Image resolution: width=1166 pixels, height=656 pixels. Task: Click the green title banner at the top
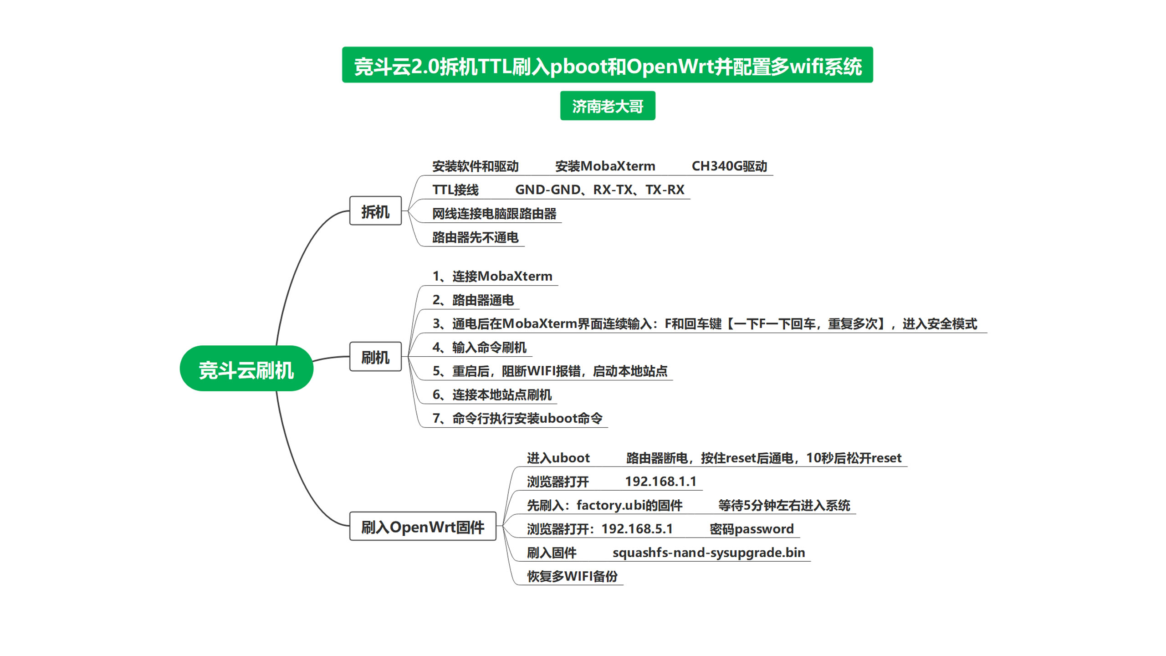pyautogui.click(x=607, y=65)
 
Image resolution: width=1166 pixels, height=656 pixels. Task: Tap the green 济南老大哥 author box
pyautogui.click(x=608, y=106)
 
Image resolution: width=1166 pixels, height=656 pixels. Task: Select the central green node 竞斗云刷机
pyautogui.click(x=246, y=369)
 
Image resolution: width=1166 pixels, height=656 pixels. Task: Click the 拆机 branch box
pyautogui.click(x=375, y=211)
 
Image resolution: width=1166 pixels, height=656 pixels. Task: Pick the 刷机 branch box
pyautogui.click(x=375, y=357)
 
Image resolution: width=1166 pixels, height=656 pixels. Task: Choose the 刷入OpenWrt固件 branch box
pyautogui.click(x=423, y=527)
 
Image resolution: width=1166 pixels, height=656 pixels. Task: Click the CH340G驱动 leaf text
pyautogui.click(x=729, y=166)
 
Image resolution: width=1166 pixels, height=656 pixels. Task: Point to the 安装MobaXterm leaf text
pyautogui.click(x=605, y=166)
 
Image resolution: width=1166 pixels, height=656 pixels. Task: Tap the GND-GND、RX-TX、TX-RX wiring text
pyautogui.click(x=599, y=190)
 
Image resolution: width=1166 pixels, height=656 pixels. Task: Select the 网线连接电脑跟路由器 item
pyautogui.click(x=494, y=214)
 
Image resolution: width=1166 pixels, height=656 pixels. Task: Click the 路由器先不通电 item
pyautogui.click(x=475, y=237)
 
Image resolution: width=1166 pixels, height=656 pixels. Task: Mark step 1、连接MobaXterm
pyautogui.click(x=492, y=277)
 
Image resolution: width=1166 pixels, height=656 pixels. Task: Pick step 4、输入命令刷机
pyautogui.click(x=479, y=348)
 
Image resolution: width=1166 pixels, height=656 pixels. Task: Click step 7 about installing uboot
pyautogui.click(x=517, y=418)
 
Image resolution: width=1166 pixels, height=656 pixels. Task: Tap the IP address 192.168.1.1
pyautogui.click(x=660, y=482)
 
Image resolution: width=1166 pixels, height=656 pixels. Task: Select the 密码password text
pyautogui.click(x=752, y=529)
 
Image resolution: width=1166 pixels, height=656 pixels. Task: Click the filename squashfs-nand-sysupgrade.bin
pyautogui.click(x=709, y=553)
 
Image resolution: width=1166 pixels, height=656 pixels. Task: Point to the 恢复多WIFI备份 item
pyautogui.click(x=572, y=576)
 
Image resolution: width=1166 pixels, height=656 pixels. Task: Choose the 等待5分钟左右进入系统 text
pyautogui.click(x=784, y=505)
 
